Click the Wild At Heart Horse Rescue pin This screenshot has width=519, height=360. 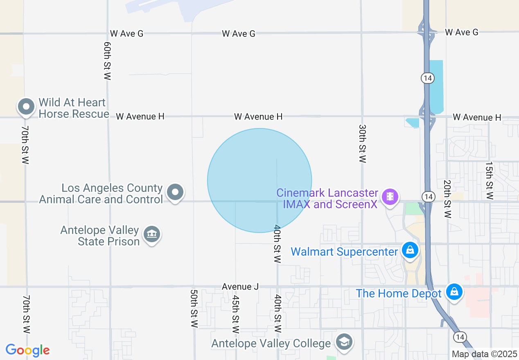27,107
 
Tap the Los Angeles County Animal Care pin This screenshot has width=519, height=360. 176,191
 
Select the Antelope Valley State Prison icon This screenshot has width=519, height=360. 152,234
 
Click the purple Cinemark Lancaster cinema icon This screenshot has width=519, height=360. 390,196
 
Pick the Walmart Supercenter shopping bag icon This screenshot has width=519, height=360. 410,250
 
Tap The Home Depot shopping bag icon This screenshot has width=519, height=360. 454,292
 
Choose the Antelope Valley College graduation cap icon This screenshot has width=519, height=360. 344,342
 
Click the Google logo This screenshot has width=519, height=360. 27,350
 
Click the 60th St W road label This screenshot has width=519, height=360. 108,60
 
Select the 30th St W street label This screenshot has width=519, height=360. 362,144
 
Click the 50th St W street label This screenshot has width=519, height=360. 194,308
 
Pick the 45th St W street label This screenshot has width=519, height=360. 235,314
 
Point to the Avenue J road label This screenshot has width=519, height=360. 240,287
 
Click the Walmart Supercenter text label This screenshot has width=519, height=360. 344,251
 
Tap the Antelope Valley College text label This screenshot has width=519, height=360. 271,344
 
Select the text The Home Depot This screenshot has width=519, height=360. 399,293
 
